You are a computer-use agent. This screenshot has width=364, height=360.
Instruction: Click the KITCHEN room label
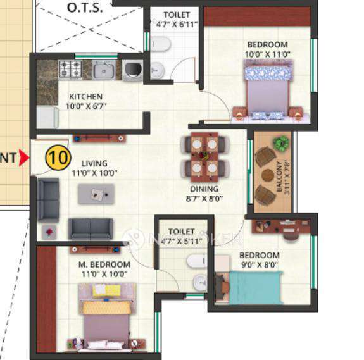pos(87,97)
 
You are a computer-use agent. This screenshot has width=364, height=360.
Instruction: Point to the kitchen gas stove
pos(70,68)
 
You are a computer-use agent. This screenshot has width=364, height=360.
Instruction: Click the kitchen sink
pos(103,69)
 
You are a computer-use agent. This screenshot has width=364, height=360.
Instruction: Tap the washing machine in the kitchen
pos(132,69)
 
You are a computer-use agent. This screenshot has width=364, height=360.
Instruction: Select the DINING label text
pos(204,189)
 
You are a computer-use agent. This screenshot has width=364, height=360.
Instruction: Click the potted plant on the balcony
pos(280,142)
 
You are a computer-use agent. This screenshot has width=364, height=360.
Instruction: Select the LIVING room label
pos(89,163)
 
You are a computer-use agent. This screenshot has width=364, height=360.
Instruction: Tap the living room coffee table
pos(96,194)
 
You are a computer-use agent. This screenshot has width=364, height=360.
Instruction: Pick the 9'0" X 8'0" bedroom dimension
pos(259,265)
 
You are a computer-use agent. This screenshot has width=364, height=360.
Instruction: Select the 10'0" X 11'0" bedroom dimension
pos(267,54)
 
